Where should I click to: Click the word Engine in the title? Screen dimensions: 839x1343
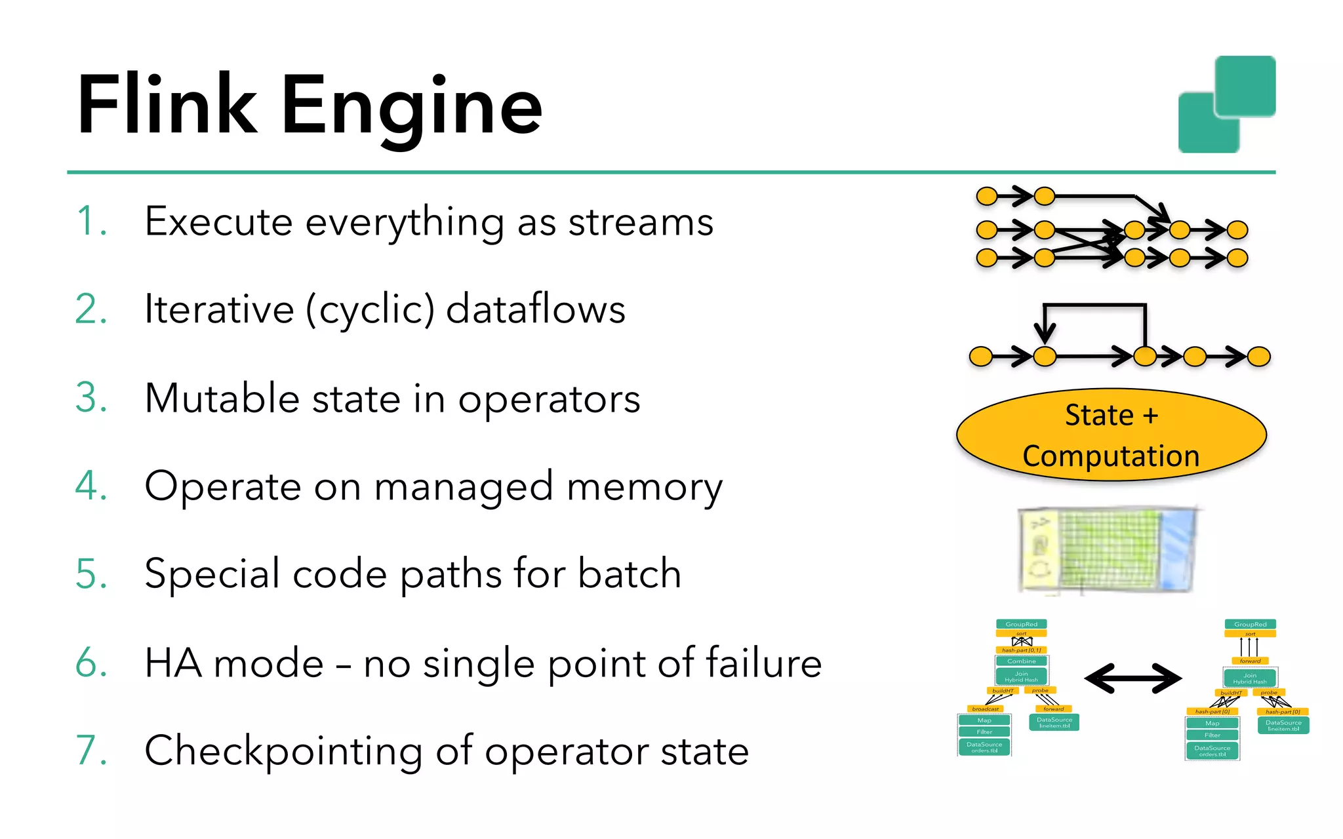[x=412, y=106]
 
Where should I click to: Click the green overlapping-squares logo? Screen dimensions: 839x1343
[x=1226, y=104]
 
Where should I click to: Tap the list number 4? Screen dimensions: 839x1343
[x=91, y=486]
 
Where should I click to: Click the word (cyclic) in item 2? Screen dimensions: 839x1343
[x=371, y=309]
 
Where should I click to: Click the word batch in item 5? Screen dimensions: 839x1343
[x=629, y=574]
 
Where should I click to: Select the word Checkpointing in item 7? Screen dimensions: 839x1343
[x=283, y=751]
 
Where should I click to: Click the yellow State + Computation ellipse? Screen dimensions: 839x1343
[x=1111, y=435]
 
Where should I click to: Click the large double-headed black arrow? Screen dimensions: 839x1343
[x=1133, y=678]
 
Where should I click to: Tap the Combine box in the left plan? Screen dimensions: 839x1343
[x=1021, y=661]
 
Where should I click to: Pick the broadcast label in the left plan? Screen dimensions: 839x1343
[x=985, y=709]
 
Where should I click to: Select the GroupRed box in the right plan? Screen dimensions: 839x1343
[x=1250, y=624]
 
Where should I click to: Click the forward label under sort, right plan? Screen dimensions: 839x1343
[x=1250, y=661]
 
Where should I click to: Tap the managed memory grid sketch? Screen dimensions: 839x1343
[x=1108, y=551]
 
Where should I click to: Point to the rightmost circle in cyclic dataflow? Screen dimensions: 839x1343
[x=1258, y=357]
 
